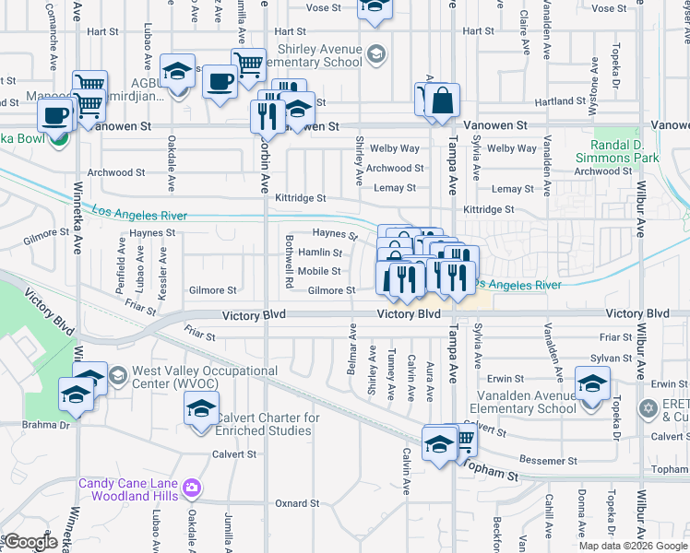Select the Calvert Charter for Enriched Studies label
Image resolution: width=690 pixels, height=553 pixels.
(x=268, y=424)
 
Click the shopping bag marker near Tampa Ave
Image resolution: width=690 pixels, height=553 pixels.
(x=442, y=100)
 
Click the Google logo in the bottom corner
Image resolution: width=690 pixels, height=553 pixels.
(x=30, y=543)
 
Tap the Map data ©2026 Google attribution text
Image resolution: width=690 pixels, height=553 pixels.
(x=634, y=546)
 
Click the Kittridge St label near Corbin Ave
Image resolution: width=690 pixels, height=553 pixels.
(x=301, y=198)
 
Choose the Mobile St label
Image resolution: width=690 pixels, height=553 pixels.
(x=319, y=271)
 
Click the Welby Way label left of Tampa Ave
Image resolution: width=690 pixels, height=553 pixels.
(x=394, y=148)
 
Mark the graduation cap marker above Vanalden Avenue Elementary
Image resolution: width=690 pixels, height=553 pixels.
(x=592, y=382)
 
